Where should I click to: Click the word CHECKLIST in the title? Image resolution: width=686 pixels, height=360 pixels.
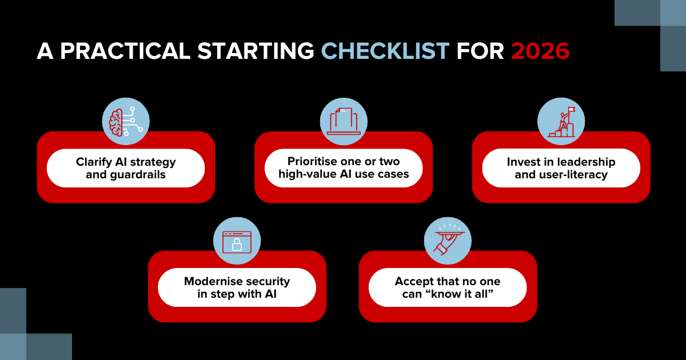tap(385, 51)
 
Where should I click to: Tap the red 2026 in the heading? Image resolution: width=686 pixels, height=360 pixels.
tap(540, 51)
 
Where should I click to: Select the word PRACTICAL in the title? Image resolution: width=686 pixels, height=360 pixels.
tap(125, 51)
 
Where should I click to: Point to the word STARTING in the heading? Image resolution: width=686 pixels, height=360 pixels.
tap(256, 51)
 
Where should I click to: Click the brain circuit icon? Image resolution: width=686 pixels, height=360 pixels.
tap(126, 122)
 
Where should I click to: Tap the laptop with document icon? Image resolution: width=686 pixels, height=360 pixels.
tap(344, 121)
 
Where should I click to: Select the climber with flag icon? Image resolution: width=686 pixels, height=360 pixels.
tap(561, 122)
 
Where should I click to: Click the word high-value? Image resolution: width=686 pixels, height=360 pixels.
tap(307, 174)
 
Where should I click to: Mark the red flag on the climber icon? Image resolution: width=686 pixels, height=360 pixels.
tap(572, 110)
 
